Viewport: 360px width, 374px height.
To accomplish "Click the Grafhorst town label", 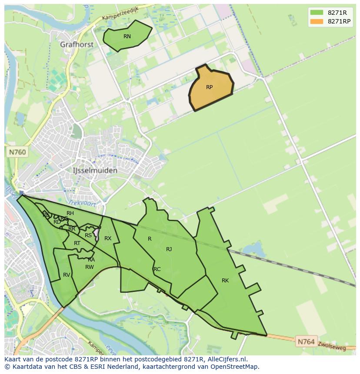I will click(x=77, y=44).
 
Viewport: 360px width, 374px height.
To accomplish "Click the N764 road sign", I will click(x=306, y=342).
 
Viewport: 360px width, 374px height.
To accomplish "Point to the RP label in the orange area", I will click(x=209, y=87).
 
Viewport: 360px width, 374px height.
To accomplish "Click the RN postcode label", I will click(x=127, y=36).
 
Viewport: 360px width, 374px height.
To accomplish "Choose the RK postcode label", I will click(x=225, y=281).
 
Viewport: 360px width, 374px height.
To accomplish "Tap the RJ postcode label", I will click(x=169, y=249).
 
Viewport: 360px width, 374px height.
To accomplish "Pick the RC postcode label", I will click(x=157, y=269).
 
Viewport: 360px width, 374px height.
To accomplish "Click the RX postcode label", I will click(x=108, y=238).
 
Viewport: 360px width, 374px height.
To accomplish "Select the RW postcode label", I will click(x=90, y=267).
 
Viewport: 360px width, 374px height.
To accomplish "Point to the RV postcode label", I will click(x=67, y=275).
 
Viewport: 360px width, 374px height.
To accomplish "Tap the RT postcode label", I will click(x=77, y=243).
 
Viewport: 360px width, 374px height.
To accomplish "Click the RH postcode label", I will click(x=70, y=213).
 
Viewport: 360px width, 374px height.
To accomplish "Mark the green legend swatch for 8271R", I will click(x=317, y=13).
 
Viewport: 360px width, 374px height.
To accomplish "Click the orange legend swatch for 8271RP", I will click(x=317, y=21).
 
